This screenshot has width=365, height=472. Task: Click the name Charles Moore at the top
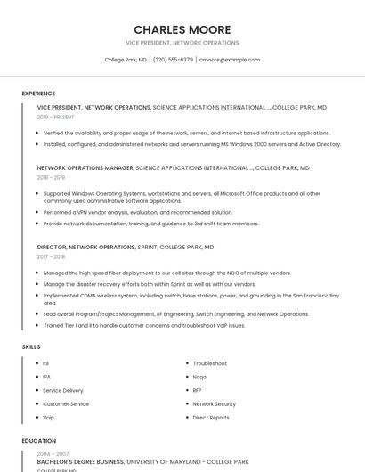pyautogui.click(x=182, y=29)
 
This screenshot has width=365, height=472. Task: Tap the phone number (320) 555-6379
pyautogui.click(x=173, y=60)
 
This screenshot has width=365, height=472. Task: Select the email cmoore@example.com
pyautogui.click(x=230, y=60)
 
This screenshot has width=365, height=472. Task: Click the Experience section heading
pyautogui.click(x=38, y=94)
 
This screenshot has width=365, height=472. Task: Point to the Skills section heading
pyautogui.click(x=31, y=346)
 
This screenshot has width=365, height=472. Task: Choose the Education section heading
pyautogui.click(x=38, y=441)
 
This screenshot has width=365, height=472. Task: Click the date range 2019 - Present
pyautogui.click(x=56, y=117)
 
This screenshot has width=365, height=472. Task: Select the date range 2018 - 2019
pyautogui.click(x=52, y=177)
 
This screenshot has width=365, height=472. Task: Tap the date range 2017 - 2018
pyautogui.click(x=52, y=256)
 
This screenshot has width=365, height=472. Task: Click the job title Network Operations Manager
pyautogui.click(x=85, y=167)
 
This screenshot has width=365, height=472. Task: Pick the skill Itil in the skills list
pyautogui.click(x=46, y=363)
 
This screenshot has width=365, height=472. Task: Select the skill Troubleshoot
pyautogui.click(x=210, y=363)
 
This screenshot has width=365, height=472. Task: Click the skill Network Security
pyautogui.click(x=215, y=403)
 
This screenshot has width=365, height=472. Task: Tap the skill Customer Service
pyautogui.click(x=66, y=403)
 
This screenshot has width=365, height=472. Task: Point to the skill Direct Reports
pyautogui.click(x=211, y=417)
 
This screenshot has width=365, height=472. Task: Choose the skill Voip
pyautogui.click(x=49, y=417)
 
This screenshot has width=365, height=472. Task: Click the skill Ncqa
pyautogui.click(x=199, y=377)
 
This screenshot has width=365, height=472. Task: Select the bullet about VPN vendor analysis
pyautogui.click(x=138, y=212)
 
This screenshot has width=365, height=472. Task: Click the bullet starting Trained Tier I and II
pyautogui.click(x=144, y=325)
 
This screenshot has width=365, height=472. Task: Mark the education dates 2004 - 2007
pyautogui.click(x=53, y=454)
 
